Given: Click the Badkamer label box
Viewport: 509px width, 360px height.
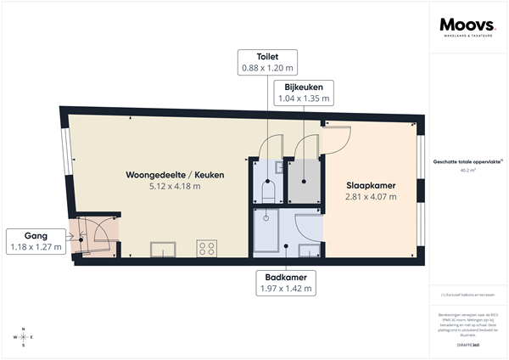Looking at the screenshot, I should click(x=284, y=283).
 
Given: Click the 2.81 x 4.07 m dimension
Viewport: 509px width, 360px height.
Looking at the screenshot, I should click(x=371, y=197).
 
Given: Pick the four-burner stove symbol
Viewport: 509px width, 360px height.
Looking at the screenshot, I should click(x=205, y=248).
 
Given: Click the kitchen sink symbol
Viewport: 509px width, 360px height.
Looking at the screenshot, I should click(x=163, y=249).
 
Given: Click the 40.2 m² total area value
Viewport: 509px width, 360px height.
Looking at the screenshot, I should click(x=467, y=169).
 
